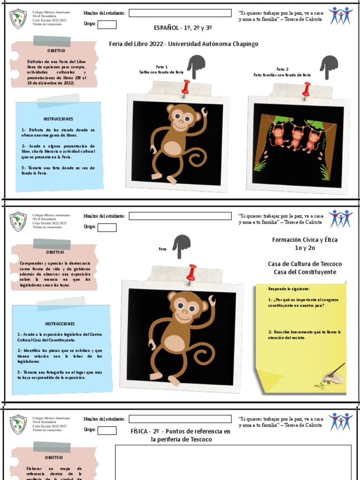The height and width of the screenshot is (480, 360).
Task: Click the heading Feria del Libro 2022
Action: pos(136,44)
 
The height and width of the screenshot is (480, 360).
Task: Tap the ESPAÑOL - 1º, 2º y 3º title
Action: pos(183,28)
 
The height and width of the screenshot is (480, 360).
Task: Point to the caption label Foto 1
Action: pos(162,67)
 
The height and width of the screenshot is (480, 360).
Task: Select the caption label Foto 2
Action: pos(282,69)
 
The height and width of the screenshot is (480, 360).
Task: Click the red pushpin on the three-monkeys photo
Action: pos(307,89)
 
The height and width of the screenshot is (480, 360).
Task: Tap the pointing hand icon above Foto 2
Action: pos(329,66)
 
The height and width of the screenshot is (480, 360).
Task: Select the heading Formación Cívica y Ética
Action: pos(305,240)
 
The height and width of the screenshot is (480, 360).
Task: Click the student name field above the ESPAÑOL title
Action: pos(180,13)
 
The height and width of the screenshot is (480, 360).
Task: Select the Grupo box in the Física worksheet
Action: pos(107,430)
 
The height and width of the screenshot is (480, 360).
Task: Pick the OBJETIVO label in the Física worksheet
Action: pos(54,457)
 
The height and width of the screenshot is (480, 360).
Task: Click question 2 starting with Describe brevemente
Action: pos(304,335)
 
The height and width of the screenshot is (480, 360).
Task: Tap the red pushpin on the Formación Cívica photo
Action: pos(191,272)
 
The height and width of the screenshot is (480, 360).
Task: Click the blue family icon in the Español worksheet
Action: pos(340,15)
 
